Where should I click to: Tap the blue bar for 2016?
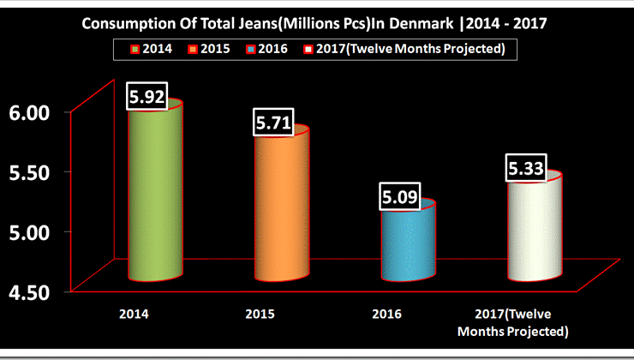coord(409,244)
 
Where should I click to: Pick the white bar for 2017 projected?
coord(535,227)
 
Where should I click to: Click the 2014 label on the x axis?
coord(135,314)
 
